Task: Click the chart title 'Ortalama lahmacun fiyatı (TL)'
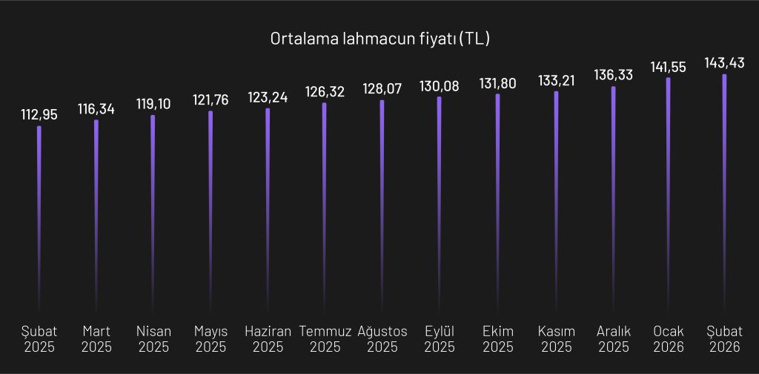[379, 39]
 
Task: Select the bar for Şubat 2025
[39, 215]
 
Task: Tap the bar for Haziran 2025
[268, 208]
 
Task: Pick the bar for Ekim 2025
[497, 200]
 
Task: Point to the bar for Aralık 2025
[613, 197]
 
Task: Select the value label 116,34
[96, 109]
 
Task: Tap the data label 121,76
[211, 100]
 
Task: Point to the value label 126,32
[325, 92]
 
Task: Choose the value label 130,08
[440, 86]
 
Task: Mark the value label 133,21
[556, 80]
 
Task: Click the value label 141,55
[669, 67]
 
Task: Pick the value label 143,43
[725, 63]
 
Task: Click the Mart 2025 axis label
[96, 338]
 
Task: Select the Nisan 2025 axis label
[153, 338]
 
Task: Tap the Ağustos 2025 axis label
[382, 338]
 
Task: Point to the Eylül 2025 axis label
[440, 338]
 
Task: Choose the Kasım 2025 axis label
[556, 338]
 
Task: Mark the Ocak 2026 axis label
[669, 338]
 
